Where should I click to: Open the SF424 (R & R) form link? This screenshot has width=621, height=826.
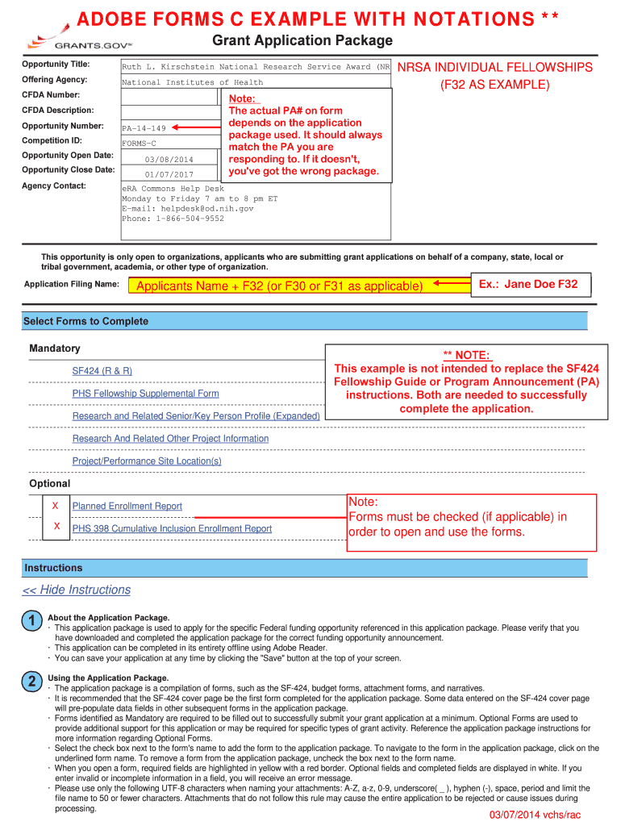(x=102, y=371)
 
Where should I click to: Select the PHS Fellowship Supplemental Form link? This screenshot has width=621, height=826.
(x=145, y=394)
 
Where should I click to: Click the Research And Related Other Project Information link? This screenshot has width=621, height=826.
(x=170, y=439)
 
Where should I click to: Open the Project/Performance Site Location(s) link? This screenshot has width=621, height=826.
(x=147, y=461)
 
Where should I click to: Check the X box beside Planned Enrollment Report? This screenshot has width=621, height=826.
(x=56, y=506)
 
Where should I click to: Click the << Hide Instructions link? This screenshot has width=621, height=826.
(x=77, y=590)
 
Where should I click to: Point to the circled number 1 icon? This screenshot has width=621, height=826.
(x=31, y=622)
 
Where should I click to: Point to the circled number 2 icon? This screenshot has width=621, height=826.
(x=31, y=682)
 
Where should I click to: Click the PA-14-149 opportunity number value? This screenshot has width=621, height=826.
(x=144, y=128)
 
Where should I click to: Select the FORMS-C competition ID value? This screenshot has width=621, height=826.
(x=139, y=144)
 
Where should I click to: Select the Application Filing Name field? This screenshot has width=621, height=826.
(x=278, y=286)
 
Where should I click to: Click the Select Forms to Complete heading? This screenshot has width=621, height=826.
(x=85, y=321)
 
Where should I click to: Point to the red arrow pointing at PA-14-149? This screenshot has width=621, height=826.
(x=196, y=127)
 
